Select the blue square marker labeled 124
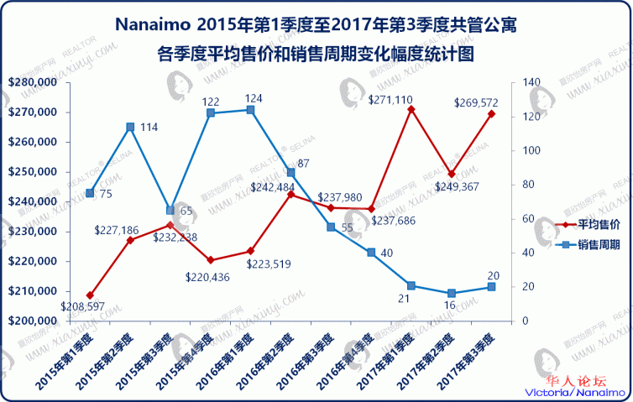point(251,109)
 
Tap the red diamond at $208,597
point(90,295)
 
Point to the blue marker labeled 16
point(452,293)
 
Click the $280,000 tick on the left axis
point(32,82)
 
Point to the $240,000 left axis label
point(32,201)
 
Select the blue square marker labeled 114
point(130,127)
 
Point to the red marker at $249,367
point(452,174)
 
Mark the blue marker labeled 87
point(290,172)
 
